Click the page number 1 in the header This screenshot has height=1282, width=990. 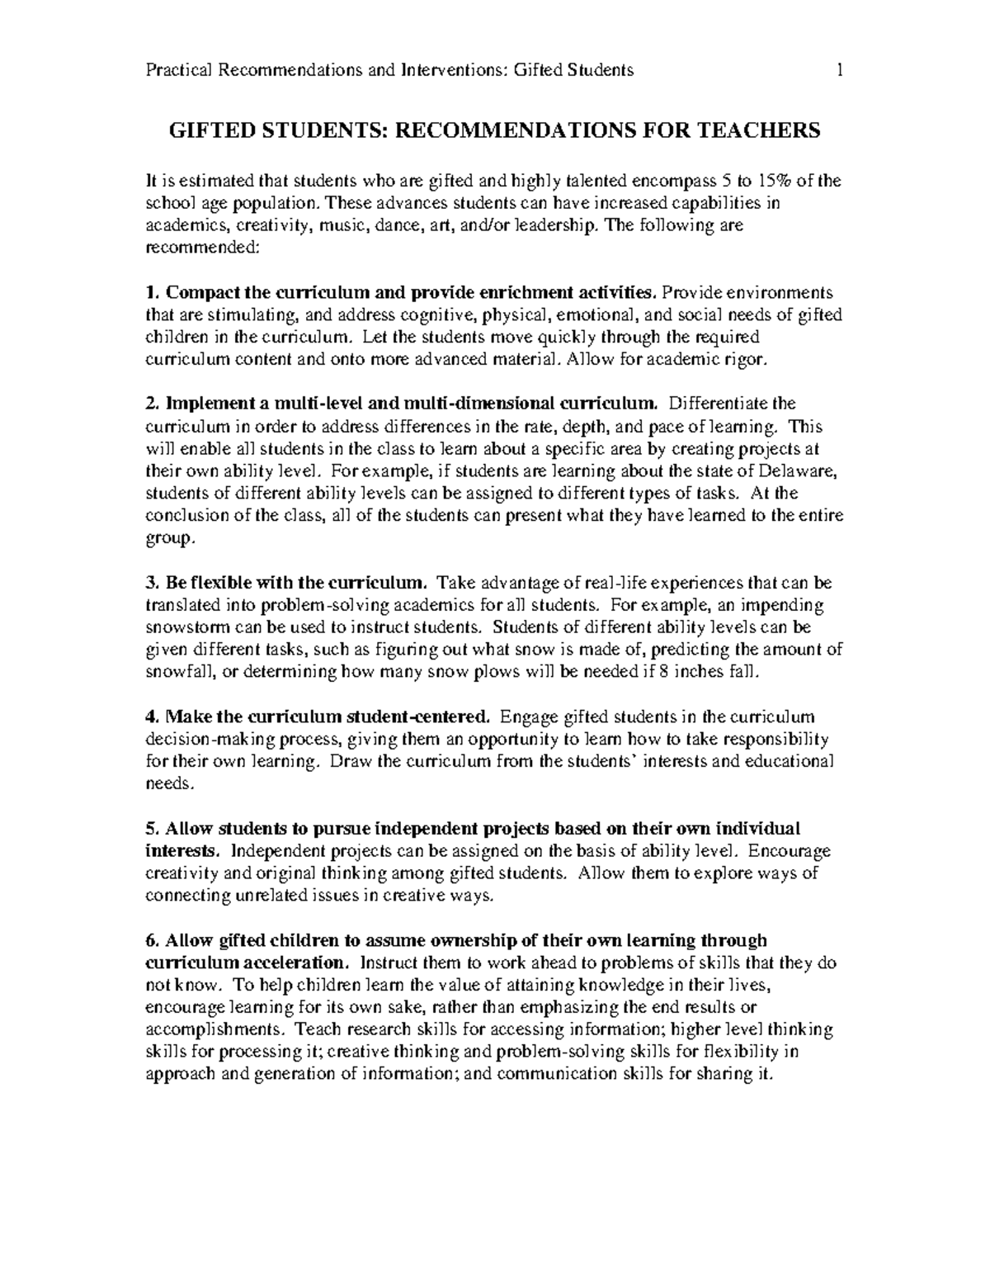[839, 70]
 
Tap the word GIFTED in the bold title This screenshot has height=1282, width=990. [203, 130]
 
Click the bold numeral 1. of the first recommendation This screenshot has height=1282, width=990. [151, 293]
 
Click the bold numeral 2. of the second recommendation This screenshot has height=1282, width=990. [151, 404]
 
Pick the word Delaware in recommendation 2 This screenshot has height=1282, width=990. [803, 471]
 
